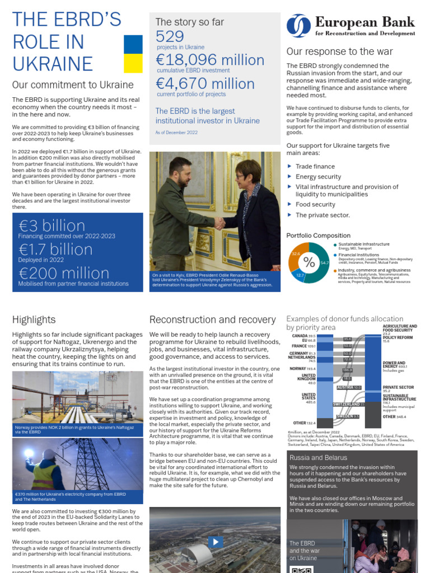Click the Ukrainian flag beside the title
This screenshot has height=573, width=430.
(133, 54)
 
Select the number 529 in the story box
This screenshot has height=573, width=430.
(170, 36)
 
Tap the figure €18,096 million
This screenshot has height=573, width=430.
(210, 60)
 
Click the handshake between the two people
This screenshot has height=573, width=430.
(219, 222)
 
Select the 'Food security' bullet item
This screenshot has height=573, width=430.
(315, 205)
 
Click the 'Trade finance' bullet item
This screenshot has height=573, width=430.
(315, 166)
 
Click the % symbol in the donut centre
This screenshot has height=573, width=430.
(309, 262)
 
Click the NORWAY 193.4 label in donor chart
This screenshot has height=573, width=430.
(303, 369)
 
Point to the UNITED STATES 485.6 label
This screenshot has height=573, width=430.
(309, 398)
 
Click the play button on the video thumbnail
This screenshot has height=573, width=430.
(216, 542)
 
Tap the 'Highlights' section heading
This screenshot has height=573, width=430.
(34, 320)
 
